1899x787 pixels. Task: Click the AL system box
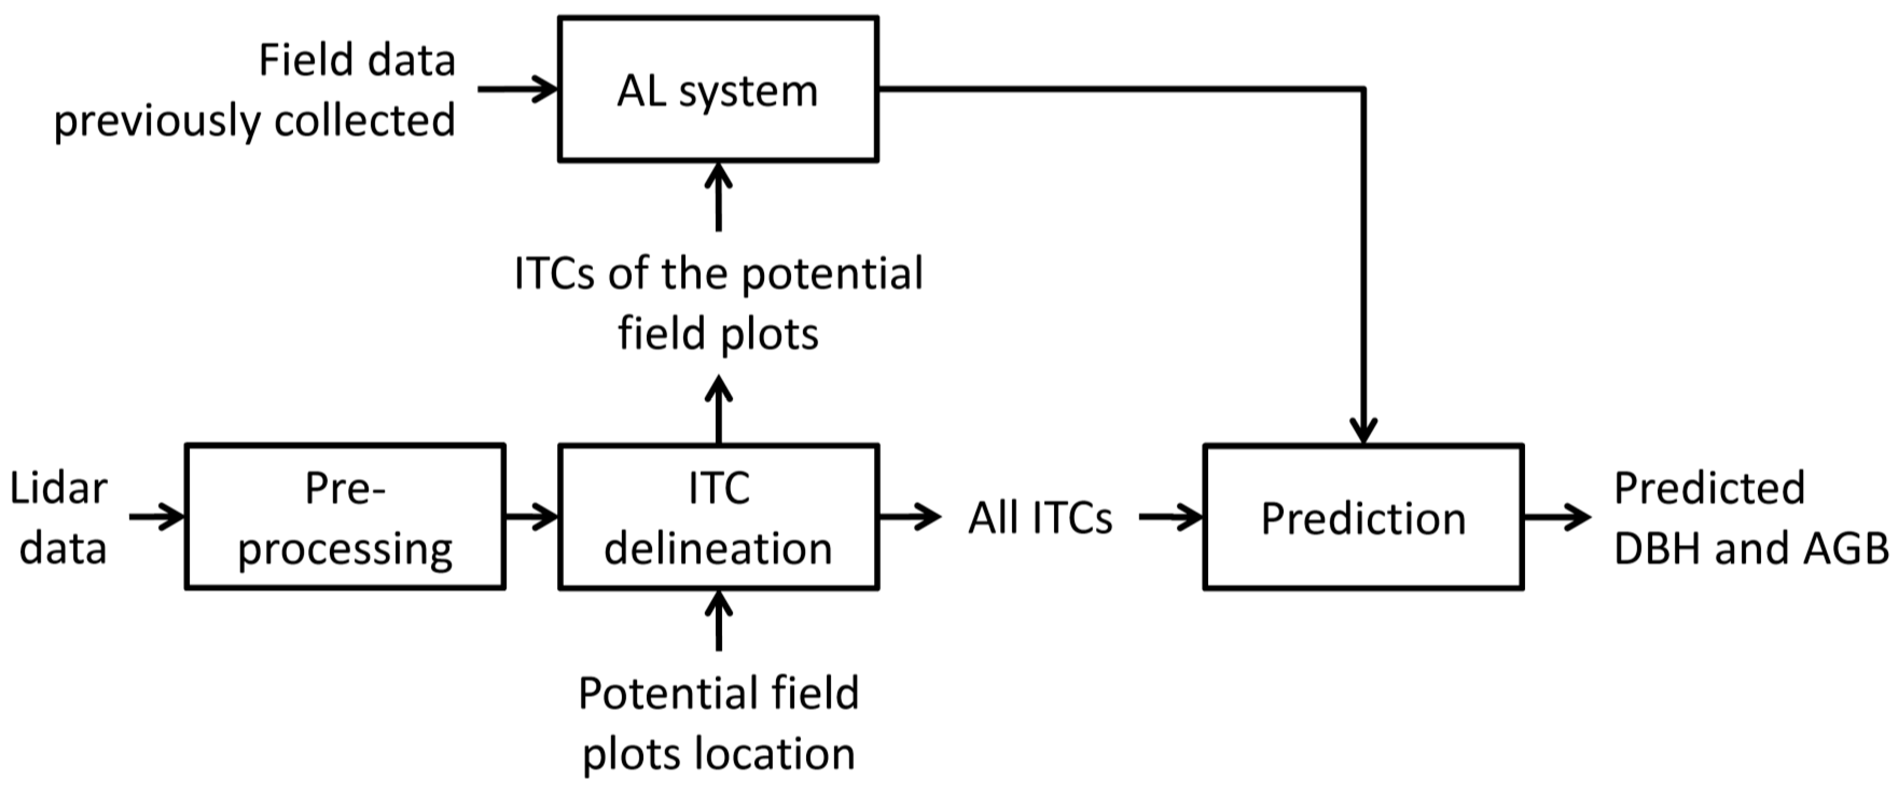tap(718, 90)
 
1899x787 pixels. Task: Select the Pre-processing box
tap(345, 517)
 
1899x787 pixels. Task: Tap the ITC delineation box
tap(718, 517)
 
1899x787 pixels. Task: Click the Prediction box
tap(1363, 517)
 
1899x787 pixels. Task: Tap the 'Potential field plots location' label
tap(718, 723)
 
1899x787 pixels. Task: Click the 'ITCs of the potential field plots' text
tap(718, 303)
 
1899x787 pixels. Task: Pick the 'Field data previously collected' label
tap(254, 90)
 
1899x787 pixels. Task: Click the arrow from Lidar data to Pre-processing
tap(156, 517)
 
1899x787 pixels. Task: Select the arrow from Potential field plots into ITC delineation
tap(718, 621)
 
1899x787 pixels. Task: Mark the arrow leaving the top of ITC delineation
tap(718, 410)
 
